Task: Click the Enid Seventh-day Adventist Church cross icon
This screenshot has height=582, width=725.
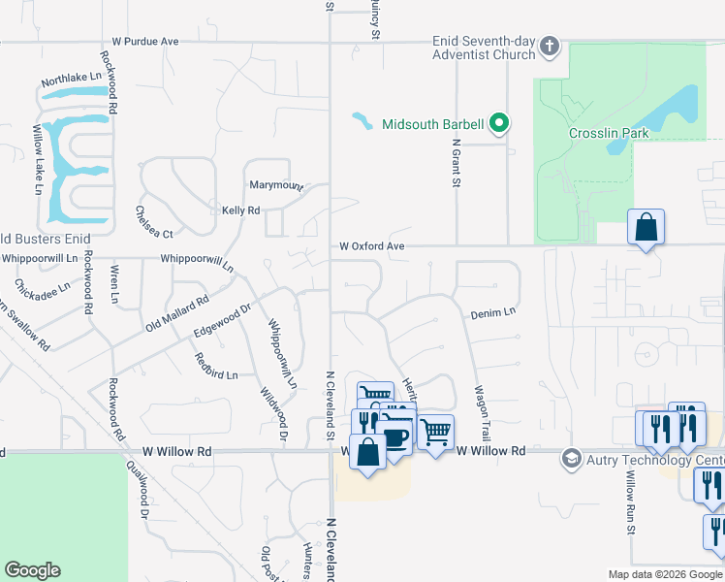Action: tap(550, 46)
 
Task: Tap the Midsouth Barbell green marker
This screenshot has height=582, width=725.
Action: tap(499, 123)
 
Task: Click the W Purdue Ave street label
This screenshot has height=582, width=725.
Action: tap(145, 42)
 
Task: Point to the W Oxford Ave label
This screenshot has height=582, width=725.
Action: tap(371, 246)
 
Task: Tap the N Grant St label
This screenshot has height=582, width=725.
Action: tap(455, 162)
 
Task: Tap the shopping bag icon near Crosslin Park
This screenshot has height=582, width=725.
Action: tap(646, 229)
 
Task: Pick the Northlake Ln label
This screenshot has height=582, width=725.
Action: tap(71, 79)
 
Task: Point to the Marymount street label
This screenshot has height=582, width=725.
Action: tap(277, 185)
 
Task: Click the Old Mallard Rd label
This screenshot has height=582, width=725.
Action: tap(177, 313)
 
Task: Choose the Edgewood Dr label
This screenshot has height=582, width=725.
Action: tap(223, 319)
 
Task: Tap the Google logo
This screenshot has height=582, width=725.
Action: tap(33, 570)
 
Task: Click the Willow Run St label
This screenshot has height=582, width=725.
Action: tap(630, 503)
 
